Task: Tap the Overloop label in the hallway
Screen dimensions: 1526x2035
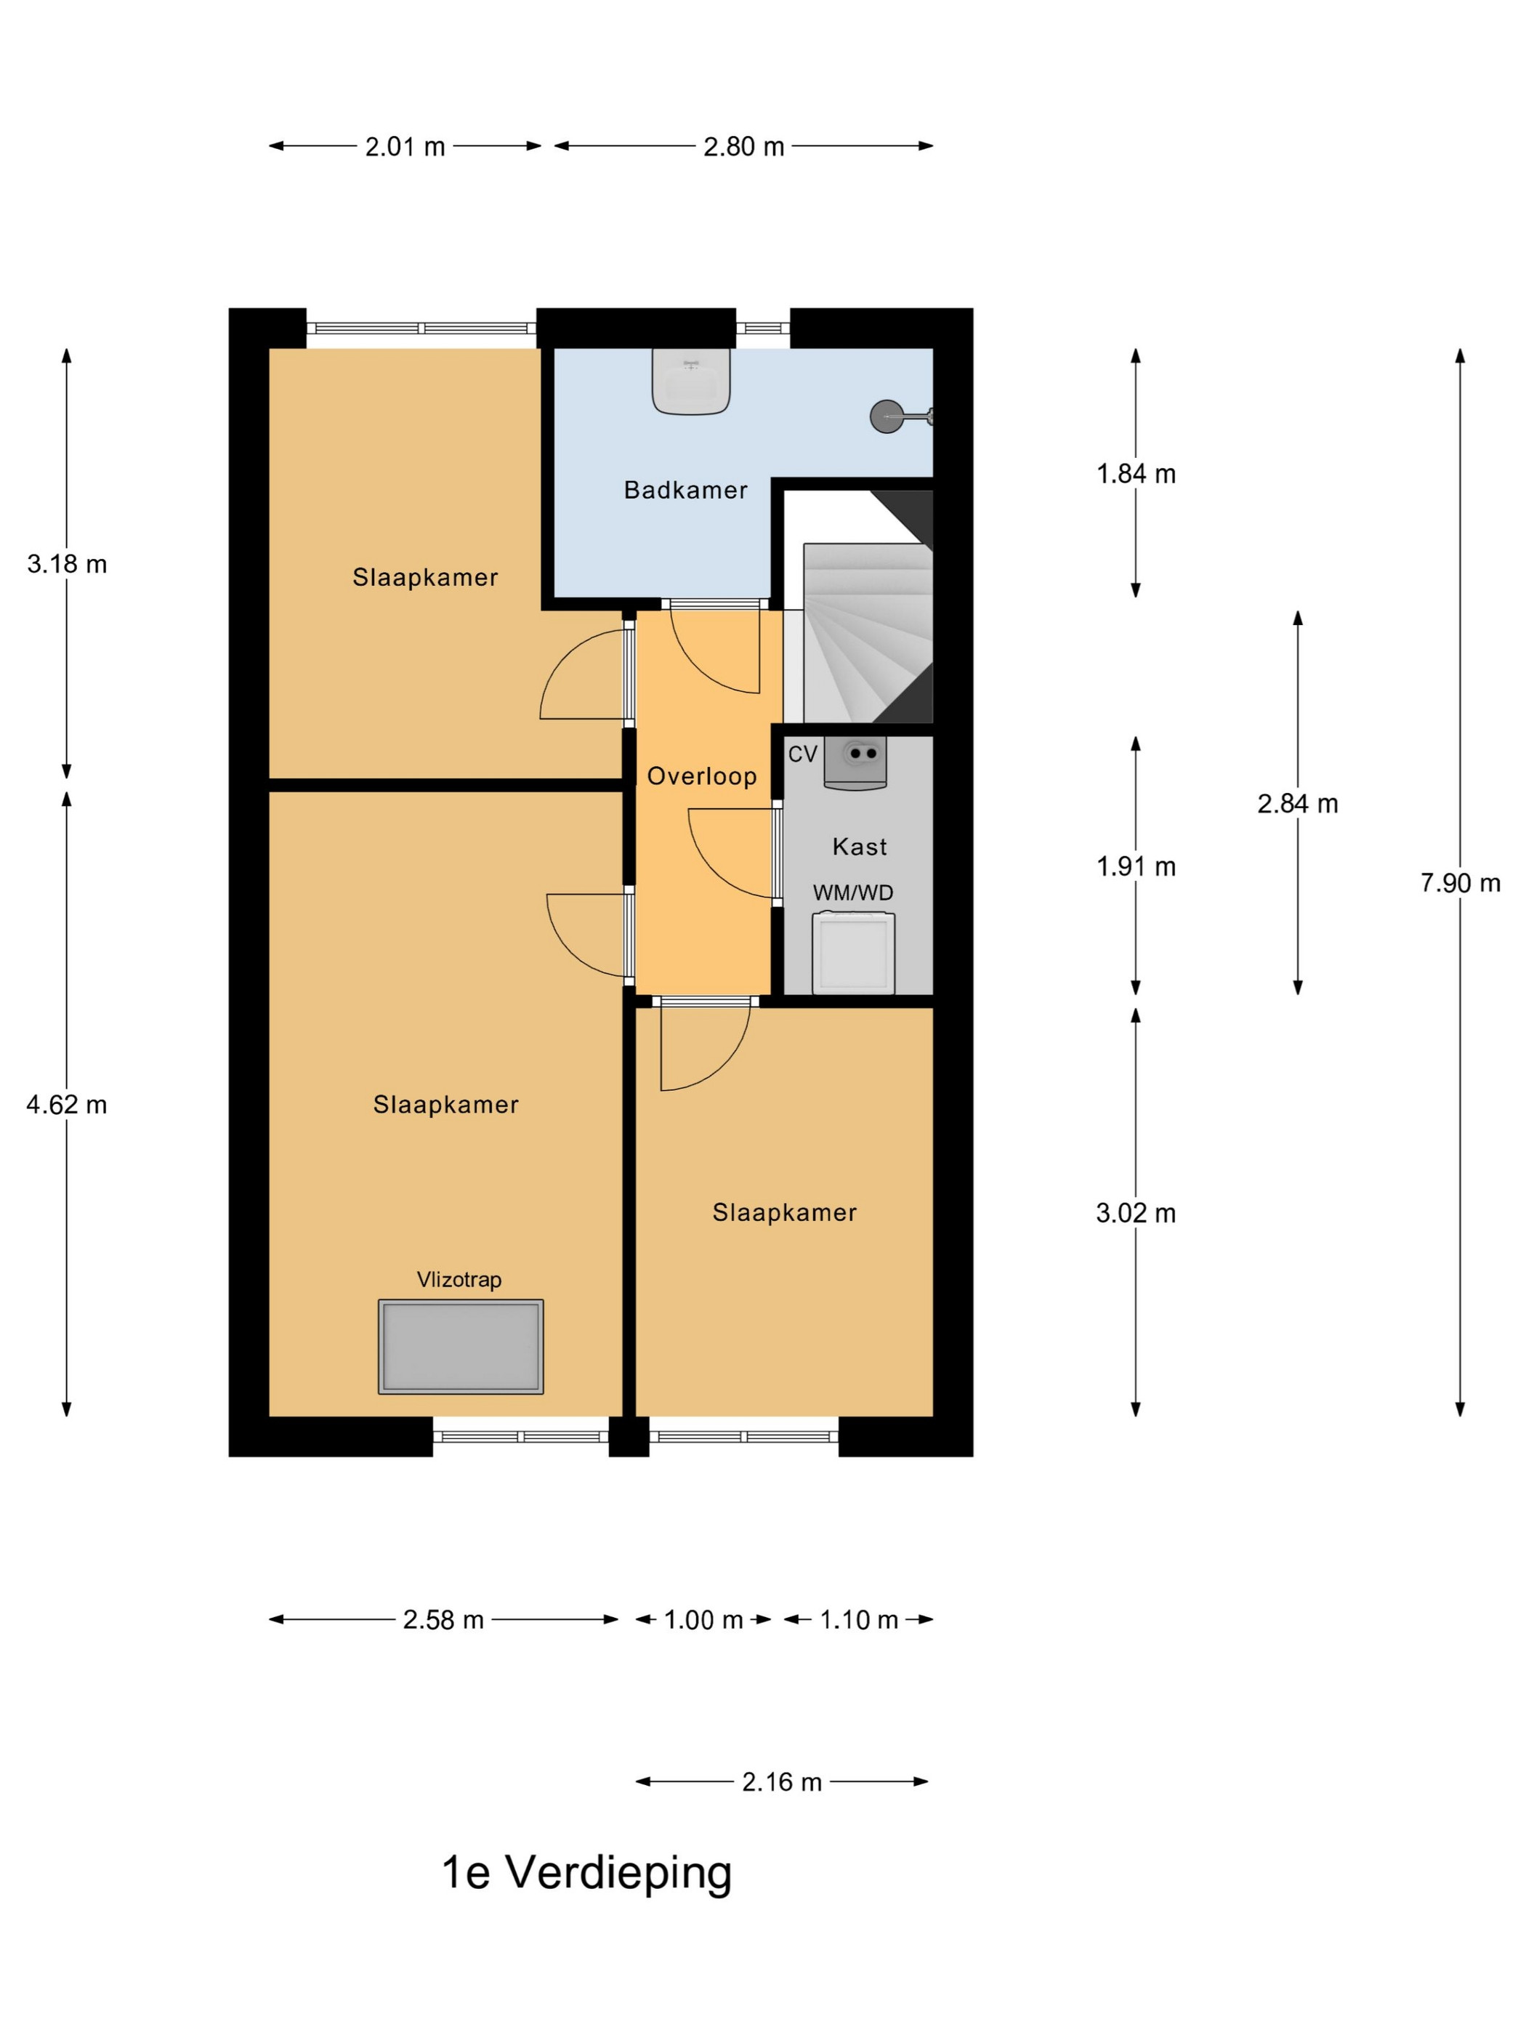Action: (x=702, y=776)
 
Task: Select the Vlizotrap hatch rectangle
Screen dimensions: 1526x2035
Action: (x=461, y=1346)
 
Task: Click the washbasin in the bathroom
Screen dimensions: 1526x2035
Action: (x=691, y=381)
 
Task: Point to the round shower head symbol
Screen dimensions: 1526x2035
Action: (x=886, y=416)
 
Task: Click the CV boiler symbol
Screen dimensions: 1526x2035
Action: (x=855, y=762)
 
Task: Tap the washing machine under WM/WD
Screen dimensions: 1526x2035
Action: (x=854, y=952)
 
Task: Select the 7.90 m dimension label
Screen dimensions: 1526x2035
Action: (x=1460, y=883)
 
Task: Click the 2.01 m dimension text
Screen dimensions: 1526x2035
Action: (x=405, y=146)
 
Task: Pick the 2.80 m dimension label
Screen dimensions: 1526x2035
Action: (x=743, y=146)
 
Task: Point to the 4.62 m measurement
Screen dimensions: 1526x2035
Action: (x=66, y=1104)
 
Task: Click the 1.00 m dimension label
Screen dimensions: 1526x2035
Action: (x=703, y=1619)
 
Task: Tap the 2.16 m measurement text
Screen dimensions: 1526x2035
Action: (x=782, y=1782)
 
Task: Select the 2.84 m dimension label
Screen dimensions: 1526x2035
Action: (x=1297, y=804)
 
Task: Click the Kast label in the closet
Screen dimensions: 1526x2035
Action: (x=859, y=847)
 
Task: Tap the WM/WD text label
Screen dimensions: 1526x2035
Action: (x=852, y=892)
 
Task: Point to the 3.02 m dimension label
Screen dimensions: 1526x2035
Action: (x=1135, y=1214)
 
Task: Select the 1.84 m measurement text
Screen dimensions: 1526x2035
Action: (x=1135, y=474)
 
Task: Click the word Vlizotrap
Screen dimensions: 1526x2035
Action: (x=459, y=1280)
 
